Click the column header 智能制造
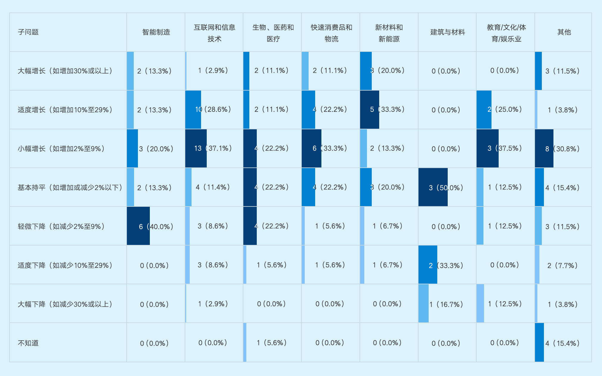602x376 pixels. (x=156, y=32)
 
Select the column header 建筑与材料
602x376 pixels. (x=447, y=32)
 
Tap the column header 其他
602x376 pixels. (x=564, y=32)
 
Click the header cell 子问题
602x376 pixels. (x=28, y=32)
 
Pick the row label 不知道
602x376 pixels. (x=28, y=343)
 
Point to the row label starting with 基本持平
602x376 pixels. (x=70, y=187)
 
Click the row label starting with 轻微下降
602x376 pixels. (x=61, y=226)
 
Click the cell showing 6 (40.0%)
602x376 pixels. (x=156, y=226)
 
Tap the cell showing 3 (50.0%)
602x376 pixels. (x=446, y=188)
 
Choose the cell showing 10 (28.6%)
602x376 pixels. (x=213, y=110)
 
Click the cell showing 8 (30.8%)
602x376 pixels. (x=562, y=149)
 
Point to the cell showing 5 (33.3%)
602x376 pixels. (x=387, y=110)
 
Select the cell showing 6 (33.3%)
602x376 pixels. (x=330, y=148)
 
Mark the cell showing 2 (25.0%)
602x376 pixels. (x=505, y=110)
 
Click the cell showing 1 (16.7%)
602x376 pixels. (x=446, y=304)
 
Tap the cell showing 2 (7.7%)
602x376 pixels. (x=562, y=265)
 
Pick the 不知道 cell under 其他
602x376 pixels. (x=562, y=343)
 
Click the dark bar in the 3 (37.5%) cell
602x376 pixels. (x=487, y=148)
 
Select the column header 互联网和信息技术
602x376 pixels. (x=214, y=33)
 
